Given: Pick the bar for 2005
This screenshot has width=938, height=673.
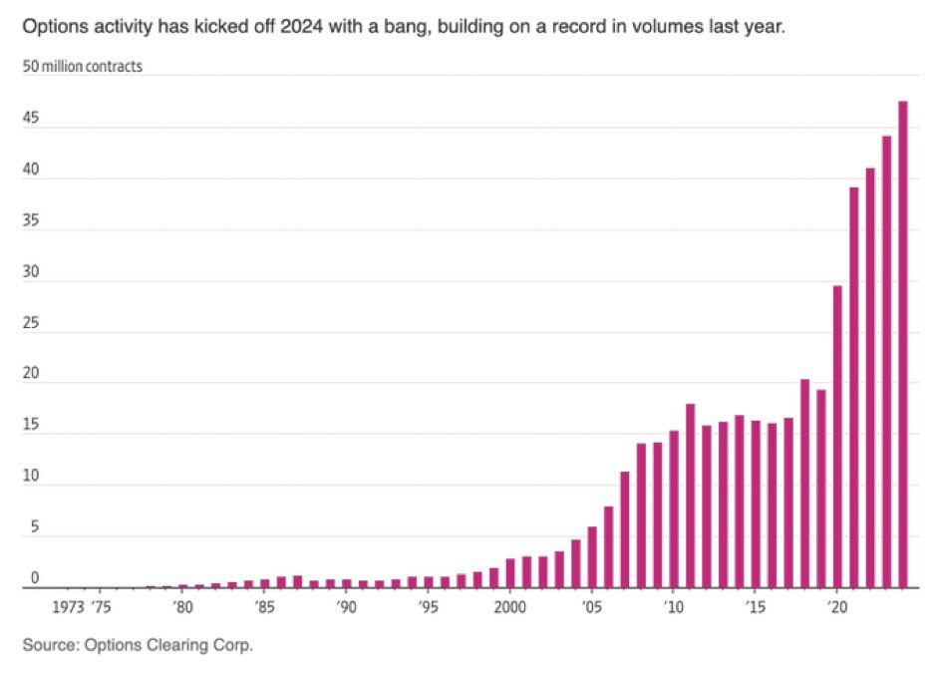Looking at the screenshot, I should (x=592, y=557).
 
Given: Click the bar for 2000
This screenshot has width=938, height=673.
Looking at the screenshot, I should (x=510, y=573).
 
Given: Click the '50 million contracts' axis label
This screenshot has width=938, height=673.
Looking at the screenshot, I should (x=82, y=67).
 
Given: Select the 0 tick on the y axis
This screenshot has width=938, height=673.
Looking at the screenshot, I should (x=35, y=578).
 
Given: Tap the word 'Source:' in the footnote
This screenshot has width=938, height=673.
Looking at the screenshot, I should (x=50, y=646).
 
